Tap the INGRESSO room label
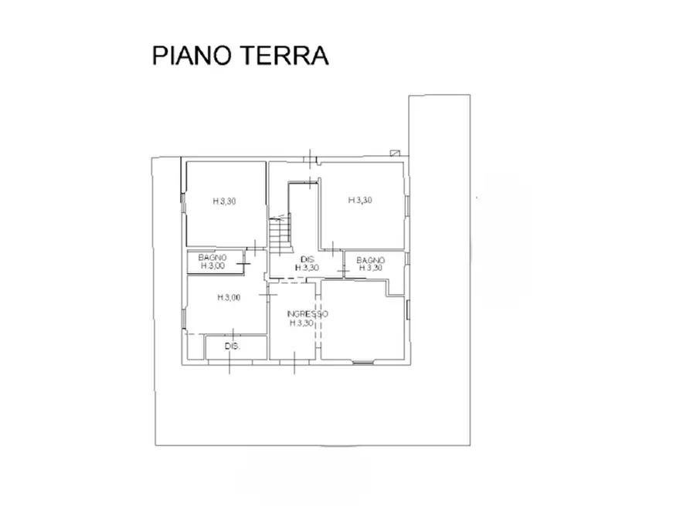coord(307,315)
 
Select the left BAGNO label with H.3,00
coord(212,257)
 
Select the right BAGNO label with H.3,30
coord(371,261)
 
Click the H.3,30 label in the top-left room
coord(224,201)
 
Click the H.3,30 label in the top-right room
coord(360,200)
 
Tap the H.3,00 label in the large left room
coord(229,297)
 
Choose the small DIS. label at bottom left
coord(233,346)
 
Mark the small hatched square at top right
coord(396,152)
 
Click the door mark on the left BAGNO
coord(243,265)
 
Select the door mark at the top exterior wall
coord(309,158)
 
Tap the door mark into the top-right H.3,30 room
coord(331,248)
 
